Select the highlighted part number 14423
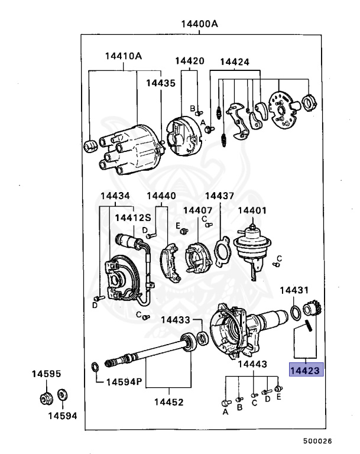pos(304,370)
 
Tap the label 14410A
pos(124,56)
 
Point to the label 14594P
pos(124,382)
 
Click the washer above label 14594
pos(63,394)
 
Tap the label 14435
pos(161,83)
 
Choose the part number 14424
pos(235,61)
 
